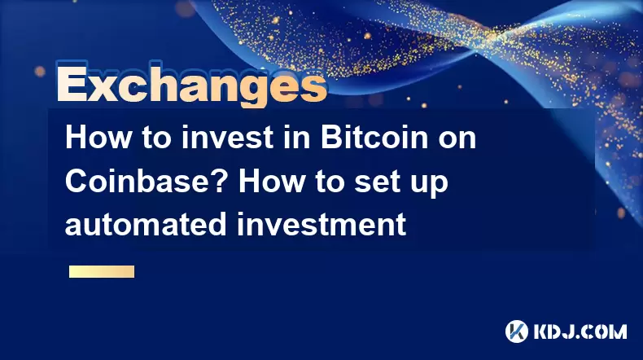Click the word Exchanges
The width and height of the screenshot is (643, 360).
191,85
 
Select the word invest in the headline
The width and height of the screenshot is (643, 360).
227,138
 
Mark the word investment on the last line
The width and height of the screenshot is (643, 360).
321,224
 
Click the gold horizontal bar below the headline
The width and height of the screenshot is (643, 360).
102,272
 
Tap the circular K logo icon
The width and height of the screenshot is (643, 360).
516,331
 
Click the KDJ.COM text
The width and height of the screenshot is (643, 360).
580,331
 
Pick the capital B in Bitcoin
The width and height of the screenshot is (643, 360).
330,138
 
